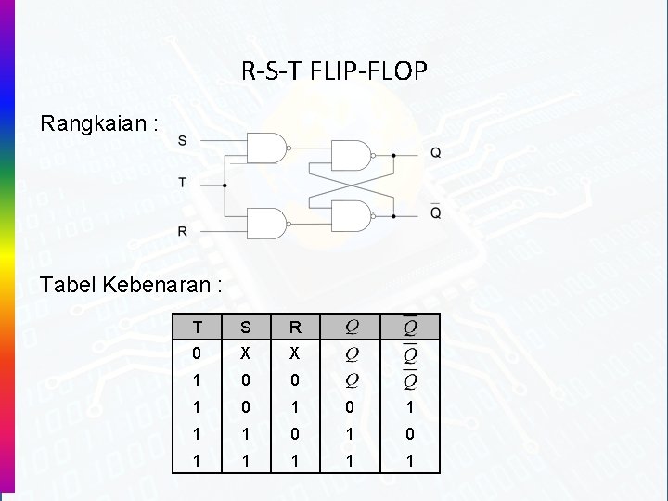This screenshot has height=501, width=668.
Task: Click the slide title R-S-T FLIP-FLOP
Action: point(334,71)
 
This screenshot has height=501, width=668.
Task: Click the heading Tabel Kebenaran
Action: point(131,285)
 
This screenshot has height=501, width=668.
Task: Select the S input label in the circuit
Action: point(182,140)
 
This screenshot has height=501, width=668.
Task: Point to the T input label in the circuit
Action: point(182,183)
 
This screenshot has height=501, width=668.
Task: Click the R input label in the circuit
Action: point(182,230)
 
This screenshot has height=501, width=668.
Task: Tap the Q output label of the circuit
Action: point(435,153)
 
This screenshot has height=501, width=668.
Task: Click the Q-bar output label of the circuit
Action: point(435,212)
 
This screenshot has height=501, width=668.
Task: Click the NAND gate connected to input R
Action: point(267,224)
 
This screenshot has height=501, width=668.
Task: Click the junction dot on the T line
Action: point(225,186)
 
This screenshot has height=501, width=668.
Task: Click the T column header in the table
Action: point(196,328)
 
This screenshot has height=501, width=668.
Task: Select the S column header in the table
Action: point(245,328)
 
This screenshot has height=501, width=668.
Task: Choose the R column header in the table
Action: point(294,328)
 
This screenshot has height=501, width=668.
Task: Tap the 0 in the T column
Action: point(196,353)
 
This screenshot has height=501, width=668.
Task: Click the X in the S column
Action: point(245,353)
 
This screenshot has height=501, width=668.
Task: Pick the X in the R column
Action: point(294,353)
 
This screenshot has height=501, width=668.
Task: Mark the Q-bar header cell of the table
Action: point(409,327)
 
